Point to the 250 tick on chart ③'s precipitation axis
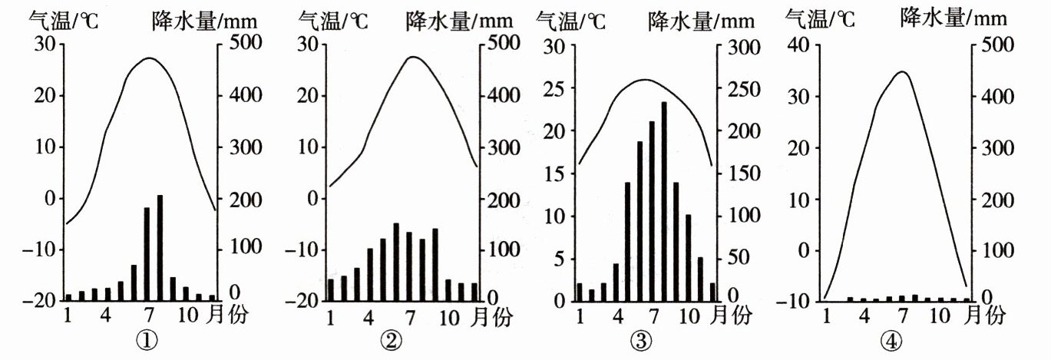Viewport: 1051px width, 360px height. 738,89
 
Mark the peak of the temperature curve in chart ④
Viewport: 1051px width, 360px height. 903,72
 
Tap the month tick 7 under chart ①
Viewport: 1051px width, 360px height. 146,315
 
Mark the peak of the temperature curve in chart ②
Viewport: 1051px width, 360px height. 413,56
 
